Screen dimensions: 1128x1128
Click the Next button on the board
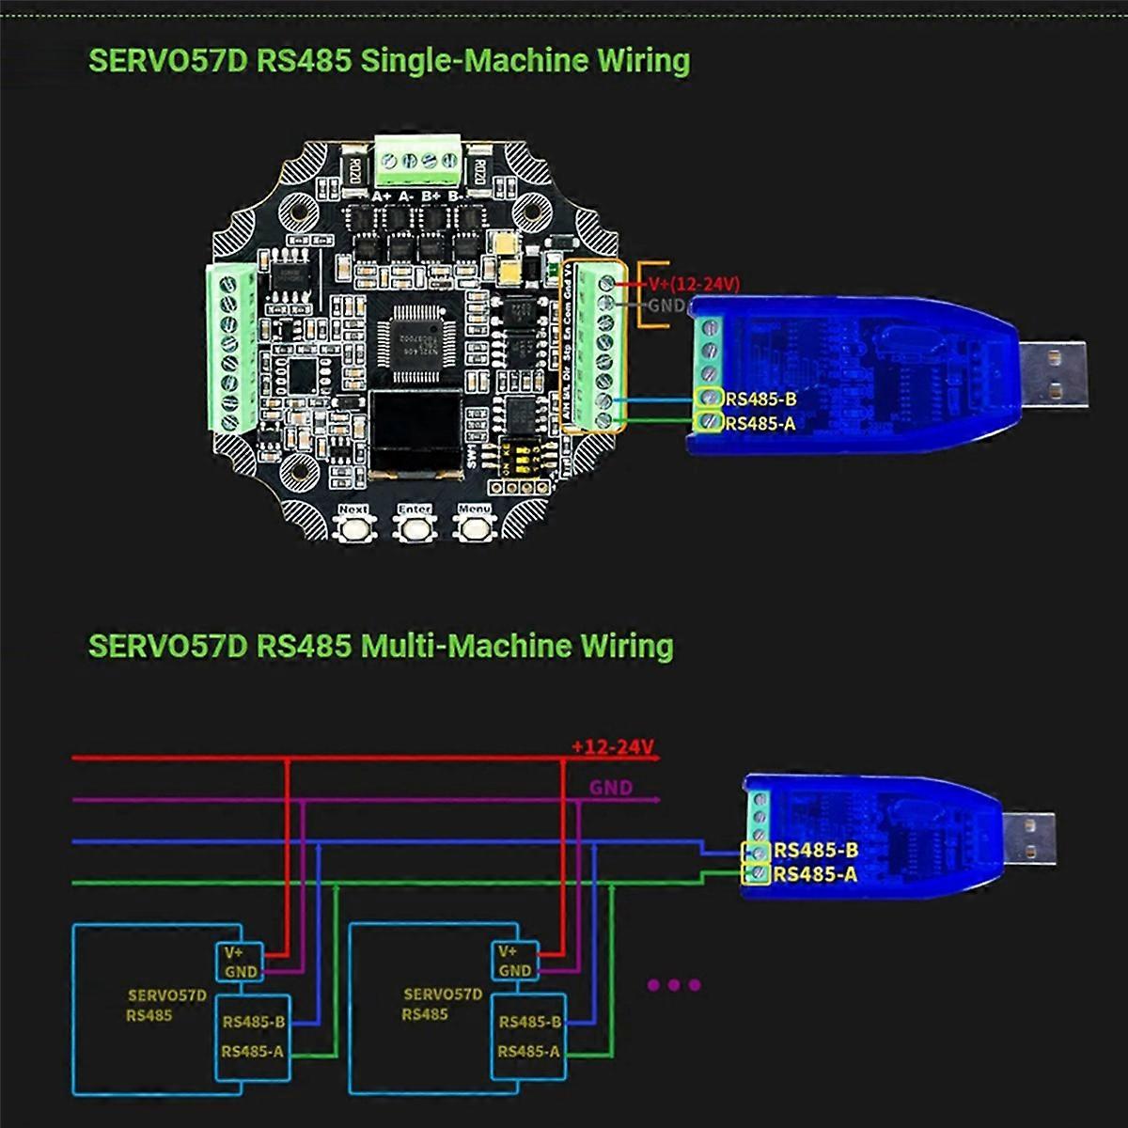353,527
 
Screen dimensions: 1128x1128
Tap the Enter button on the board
414,527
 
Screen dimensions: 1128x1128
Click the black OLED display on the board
415,431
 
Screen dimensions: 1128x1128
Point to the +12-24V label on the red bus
612,747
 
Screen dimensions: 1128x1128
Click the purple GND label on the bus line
611,788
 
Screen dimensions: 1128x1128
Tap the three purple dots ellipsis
674,985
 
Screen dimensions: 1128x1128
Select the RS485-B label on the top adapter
760,399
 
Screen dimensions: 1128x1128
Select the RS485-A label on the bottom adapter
815,874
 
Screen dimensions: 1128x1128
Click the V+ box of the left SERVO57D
235,951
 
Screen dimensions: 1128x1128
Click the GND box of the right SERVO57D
514,970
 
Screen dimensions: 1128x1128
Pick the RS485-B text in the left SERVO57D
253,1022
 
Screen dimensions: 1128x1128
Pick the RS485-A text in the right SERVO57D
528,1051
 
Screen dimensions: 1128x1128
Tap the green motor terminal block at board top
419,161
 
